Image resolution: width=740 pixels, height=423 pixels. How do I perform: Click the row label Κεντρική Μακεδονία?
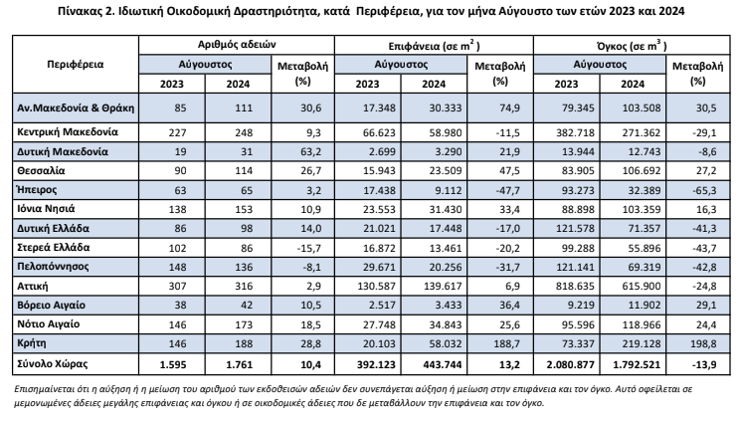[x=68, y=132]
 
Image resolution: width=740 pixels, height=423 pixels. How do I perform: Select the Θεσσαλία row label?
[x=41, y=171]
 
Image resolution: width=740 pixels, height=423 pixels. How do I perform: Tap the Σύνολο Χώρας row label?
[x=53, y=364]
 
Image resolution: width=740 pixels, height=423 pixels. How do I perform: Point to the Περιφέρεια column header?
[x=75, y=65]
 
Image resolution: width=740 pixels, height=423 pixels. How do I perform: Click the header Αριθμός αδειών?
[x=237, y=45]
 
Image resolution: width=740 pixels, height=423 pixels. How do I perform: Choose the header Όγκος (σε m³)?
[x=632, y=46]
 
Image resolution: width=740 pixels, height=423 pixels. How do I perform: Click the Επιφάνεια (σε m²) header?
[x=434, y=46]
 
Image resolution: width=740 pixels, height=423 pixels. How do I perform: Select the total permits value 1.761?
[x=240, y=365]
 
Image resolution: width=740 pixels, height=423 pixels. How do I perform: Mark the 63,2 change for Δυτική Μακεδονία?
[x=310, y=152]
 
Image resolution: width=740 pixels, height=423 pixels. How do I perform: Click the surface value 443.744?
[x=443, y=365]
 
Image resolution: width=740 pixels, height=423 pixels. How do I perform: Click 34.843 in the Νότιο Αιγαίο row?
[x=446, y=324]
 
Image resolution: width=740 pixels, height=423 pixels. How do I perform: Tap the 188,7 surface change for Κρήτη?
[x=506, y=344]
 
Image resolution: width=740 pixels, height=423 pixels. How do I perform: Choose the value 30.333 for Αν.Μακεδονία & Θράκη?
[x=446, y=108]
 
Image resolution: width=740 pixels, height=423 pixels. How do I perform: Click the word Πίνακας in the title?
[x=76, y=11]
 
